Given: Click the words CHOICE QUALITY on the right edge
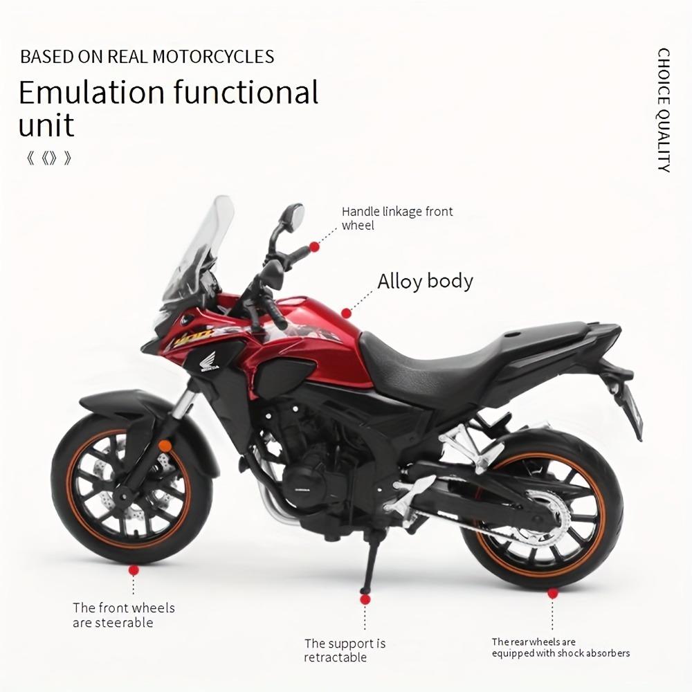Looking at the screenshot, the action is (x=664, y=110).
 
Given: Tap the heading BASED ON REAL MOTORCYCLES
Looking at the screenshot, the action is (x=147, y=57).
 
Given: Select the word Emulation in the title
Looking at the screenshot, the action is (x=91, y=93).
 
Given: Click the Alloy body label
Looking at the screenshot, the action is (x=425, y=282).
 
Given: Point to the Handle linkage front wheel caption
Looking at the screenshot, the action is (x=397, y=218).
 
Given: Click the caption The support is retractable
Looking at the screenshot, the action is (x=345, y=650).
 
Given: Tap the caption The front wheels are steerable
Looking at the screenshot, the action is (x=124, y=615).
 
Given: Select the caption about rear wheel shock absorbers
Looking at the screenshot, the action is (x=561, y=648).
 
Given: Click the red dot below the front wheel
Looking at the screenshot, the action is (x=134, y=570).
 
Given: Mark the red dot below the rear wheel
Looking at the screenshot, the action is (x=552, y=593).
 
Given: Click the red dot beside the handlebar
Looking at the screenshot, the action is (x=314, y=246).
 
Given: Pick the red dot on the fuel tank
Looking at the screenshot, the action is (x=346, y=313).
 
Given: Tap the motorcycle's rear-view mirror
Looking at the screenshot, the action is (x=292, y=218).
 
